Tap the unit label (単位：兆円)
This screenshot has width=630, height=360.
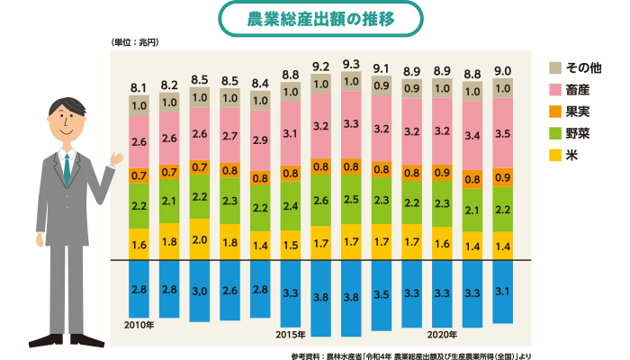(x=134, y=42)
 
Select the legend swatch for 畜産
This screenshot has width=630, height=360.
(x=555, y=88)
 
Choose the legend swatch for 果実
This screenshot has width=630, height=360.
(x=555, y=110)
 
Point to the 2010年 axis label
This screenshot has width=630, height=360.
(x=139, y=324)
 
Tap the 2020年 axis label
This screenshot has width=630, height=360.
(x=443, y=335)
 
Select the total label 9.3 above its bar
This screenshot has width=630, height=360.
(x=352, y=64)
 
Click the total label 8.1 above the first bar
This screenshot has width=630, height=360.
(x=139, y=87)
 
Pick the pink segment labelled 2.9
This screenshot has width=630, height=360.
(x=260, y=141)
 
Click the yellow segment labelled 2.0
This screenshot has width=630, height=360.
(x=200, y=240)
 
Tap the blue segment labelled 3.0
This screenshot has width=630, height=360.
(x=200, y=290)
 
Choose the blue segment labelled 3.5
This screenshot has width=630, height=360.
(x=382, y=293)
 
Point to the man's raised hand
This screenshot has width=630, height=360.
(x=116, y=158)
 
